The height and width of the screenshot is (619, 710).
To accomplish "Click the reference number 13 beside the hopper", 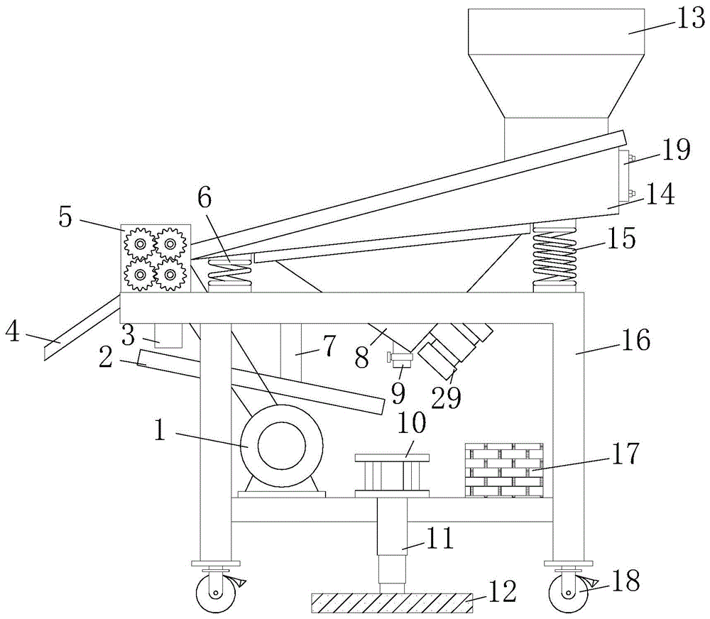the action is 691,20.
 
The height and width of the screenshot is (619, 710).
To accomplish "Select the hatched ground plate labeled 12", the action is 392,603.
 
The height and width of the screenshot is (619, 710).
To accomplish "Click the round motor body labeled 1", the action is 281,446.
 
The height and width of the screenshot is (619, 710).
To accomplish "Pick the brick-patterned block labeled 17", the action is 504,470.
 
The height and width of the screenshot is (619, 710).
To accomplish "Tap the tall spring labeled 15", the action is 556,256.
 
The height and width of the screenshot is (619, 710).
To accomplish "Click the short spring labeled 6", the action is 229,273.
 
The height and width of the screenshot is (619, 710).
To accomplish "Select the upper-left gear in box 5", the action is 141,244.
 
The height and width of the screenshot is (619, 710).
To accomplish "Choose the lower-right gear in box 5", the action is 170,275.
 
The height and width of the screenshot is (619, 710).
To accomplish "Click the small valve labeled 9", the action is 400,360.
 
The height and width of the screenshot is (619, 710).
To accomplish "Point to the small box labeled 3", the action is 168,336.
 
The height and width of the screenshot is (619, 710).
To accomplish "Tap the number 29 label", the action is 447,398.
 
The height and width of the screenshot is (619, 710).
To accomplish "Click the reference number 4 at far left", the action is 13,332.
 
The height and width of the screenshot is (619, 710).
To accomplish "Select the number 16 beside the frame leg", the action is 635,339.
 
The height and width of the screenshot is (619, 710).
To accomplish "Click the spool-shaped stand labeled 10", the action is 392,475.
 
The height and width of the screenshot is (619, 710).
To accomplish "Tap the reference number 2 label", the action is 106,358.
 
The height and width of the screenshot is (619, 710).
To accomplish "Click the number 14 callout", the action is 660,194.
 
